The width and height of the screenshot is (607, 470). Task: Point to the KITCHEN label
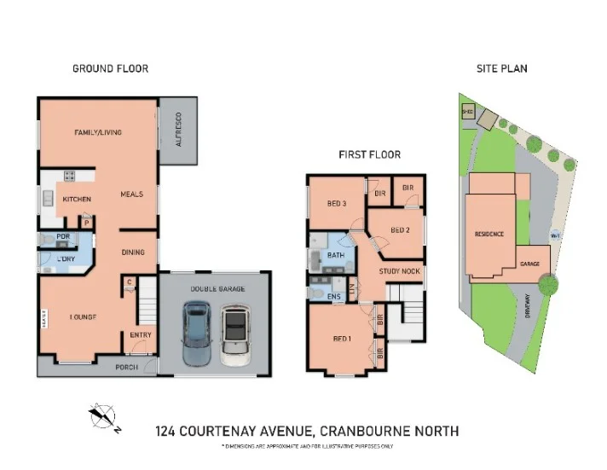[77, 199]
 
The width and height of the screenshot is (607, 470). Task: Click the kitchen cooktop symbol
[68, 177]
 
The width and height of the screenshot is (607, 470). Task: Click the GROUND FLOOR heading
[110, 68]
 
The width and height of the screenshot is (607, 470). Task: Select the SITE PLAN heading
[502, 68]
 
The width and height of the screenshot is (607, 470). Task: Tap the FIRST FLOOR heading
[369, 154]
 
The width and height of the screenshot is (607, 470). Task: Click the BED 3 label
[337, 203]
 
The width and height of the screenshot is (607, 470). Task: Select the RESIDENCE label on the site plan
[489, 234]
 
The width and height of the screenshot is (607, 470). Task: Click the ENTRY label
[140, 335]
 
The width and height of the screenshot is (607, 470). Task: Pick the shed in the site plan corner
[466, 111]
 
